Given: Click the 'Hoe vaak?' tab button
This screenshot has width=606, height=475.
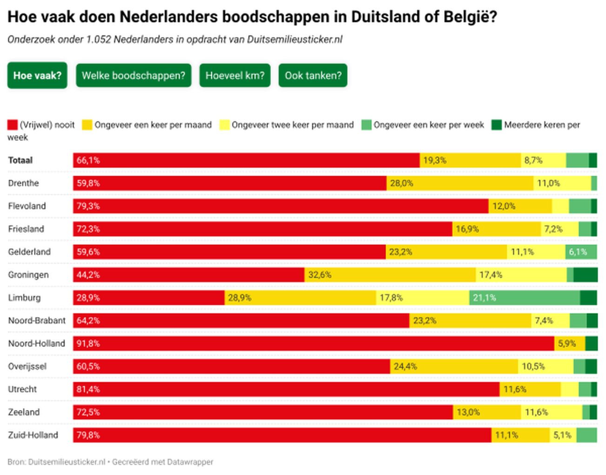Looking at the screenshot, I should click(x=37, y=75).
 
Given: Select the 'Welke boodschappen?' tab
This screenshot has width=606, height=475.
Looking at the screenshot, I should click(x=134, y=75).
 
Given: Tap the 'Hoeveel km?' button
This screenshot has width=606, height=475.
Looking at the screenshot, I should click(x=235, y=75).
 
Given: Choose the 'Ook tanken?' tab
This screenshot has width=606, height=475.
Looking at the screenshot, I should click(x=313, y=75).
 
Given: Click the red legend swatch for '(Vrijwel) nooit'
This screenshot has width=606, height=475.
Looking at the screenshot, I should click(x=13, y=125).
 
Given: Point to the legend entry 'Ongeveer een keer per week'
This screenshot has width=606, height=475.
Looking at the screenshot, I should click(x=428, y=125).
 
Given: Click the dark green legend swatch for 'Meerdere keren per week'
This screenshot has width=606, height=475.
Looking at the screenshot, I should click(x=497, y=125).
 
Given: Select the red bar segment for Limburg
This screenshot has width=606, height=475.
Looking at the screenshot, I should click(x=148, y=298).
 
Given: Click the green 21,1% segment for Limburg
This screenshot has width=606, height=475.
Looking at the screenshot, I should click(x=525, y=298).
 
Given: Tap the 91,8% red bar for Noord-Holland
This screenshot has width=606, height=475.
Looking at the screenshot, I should click(x=313, y=344).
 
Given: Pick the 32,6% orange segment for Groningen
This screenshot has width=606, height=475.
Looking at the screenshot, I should click(x=390, y=275).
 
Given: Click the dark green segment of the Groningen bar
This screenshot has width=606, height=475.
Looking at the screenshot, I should click(x=585, y=275).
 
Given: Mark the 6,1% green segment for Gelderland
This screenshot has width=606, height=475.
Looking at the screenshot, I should click(x=581, y=252).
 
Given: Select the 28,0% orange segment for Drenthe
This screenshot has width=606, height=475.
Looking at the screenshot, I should click(x=460, y=183).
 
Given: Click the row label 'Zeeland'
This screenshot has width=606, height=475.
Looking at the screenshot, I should click(x=24, y=412).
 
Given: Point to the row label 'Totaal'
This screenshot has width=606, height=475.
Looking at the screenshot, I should click(x=20, y=160).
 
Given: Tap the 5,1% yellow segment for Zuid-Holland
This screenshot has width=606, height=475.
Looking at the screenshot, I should click(x=563, y=435).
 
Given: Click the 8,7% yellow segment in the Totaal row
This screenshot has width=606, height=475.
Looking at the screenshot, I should click(x=543, y=160).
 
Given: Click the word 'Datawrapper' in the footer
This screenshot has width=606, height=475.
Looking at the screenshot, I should click(x=190, y=462).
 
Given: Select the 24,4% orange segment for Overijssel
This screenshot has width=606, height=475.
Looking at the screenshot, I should click(x=454, y=366).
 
